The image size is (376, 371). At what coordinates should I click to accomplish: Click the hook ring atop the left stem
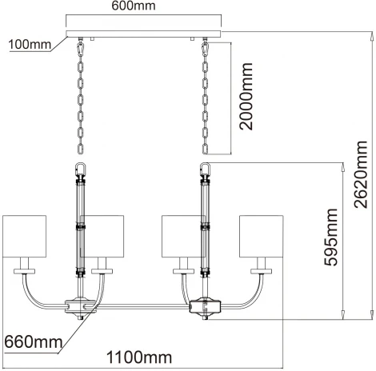pos(82,170)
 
